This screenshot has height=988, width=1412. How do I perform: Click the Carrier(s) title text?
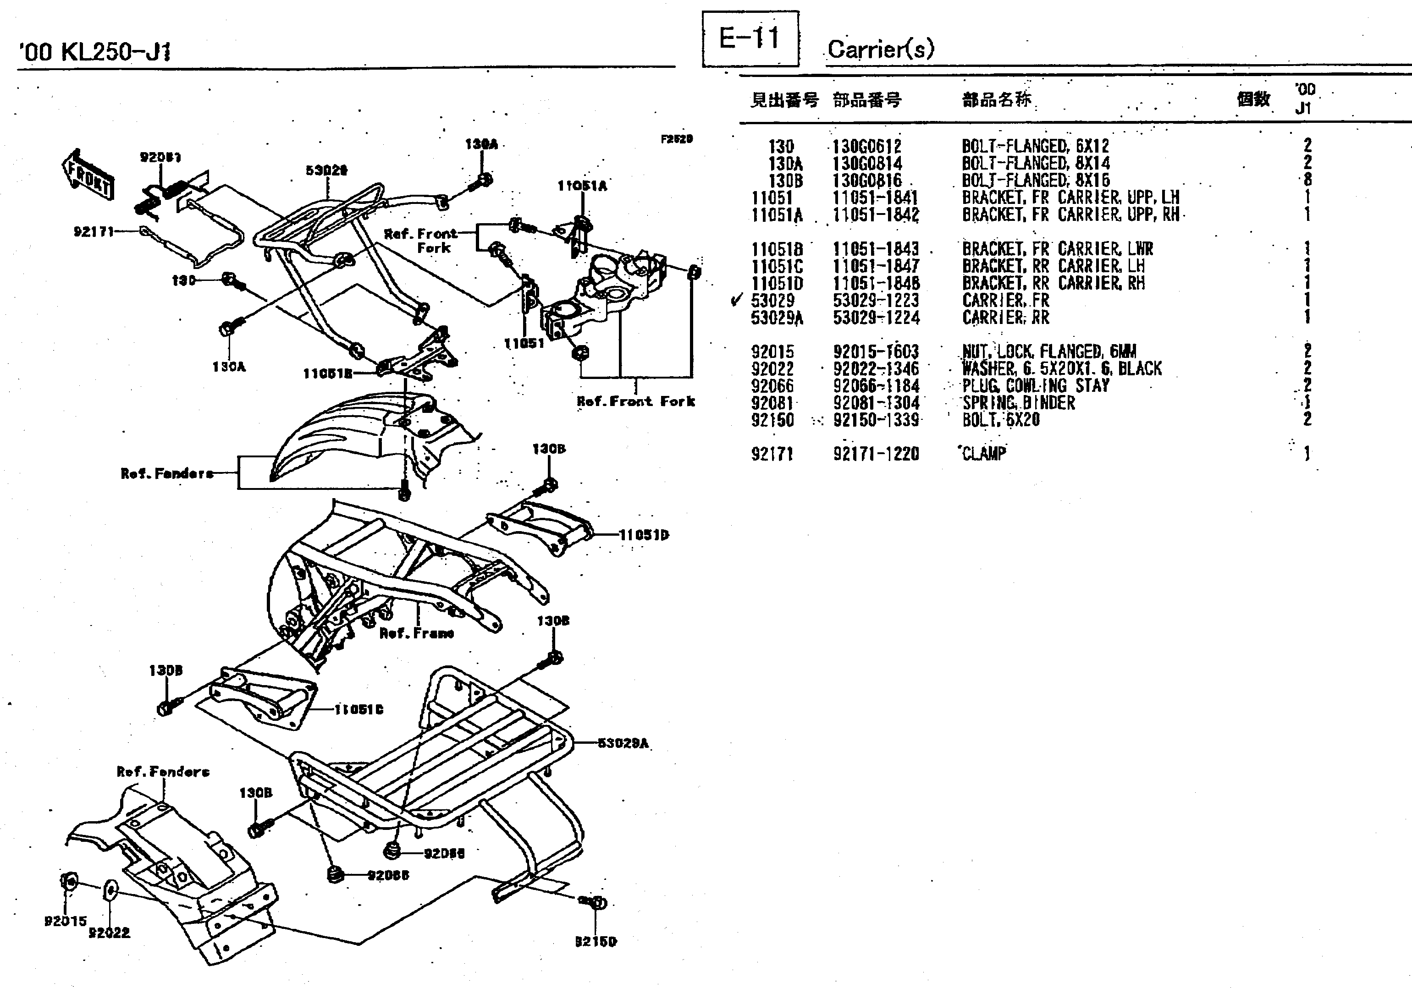(x=880, y=49)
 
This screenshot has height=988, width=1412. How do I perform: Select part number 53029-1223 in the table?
(x=876, y=301)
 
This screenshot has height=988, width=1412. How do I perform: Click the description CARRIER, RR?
(x=1005, y=318)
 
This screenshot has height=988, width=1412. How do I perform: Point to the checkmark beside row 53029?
(x=735, y=301)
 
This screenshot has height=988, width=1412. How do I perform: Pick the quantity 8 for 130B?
(x=1307, y=180)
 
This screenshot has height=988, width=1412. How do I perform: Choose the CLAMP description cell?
(x=984, y=454)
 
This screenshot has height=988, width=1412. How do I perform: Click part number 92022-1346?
(x=876, y=369)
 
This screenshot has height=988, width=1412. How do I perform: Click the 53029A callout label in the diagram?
(x=623, y=743)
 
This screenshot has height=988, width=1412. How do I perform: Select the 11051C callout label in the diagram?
(x=359, y=709)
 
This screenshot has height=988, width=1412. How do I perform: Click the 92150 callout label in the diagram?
(x=596, y=941)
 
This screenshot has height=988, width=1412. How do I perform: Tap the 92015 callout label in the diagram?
(x=65, y=921)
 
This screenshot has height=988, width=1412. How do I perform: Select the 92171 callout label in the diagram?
(x=94, y=232)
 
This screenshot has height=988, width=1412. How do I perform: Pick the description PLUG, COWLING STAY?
(x=1036, y=386)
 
